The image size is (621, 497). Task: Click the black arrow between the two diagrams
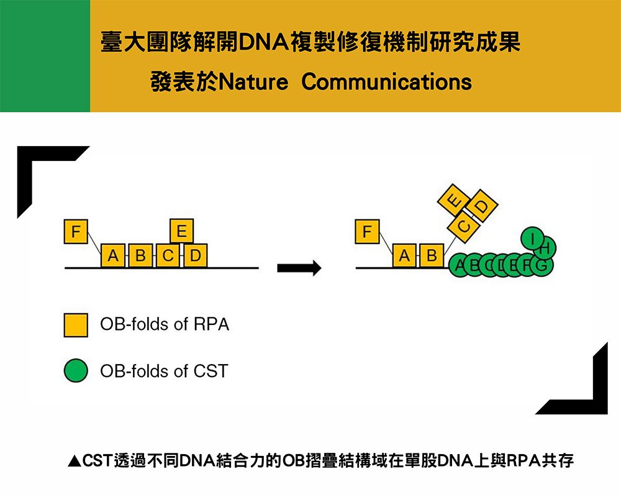299,268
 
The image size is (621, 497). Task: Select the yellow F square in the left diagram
76,232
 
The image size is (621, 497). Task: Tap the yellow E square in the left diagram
181,232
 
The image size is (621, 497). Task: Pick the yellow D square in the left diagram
195,255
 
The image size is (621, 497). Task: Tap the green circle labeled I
532,238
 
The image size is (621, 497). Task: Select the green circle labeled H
545,249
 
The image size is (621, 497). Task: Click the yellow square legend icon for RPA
76,325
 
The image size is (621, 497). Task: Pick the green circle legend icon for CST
76,371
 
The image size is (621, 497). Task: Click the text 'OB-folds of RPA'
165,324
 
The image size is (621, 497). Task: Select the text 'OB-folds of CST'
164,371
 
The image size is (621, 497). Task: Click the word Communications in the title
386,82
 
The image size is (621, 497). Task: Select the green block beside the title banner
45,56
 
